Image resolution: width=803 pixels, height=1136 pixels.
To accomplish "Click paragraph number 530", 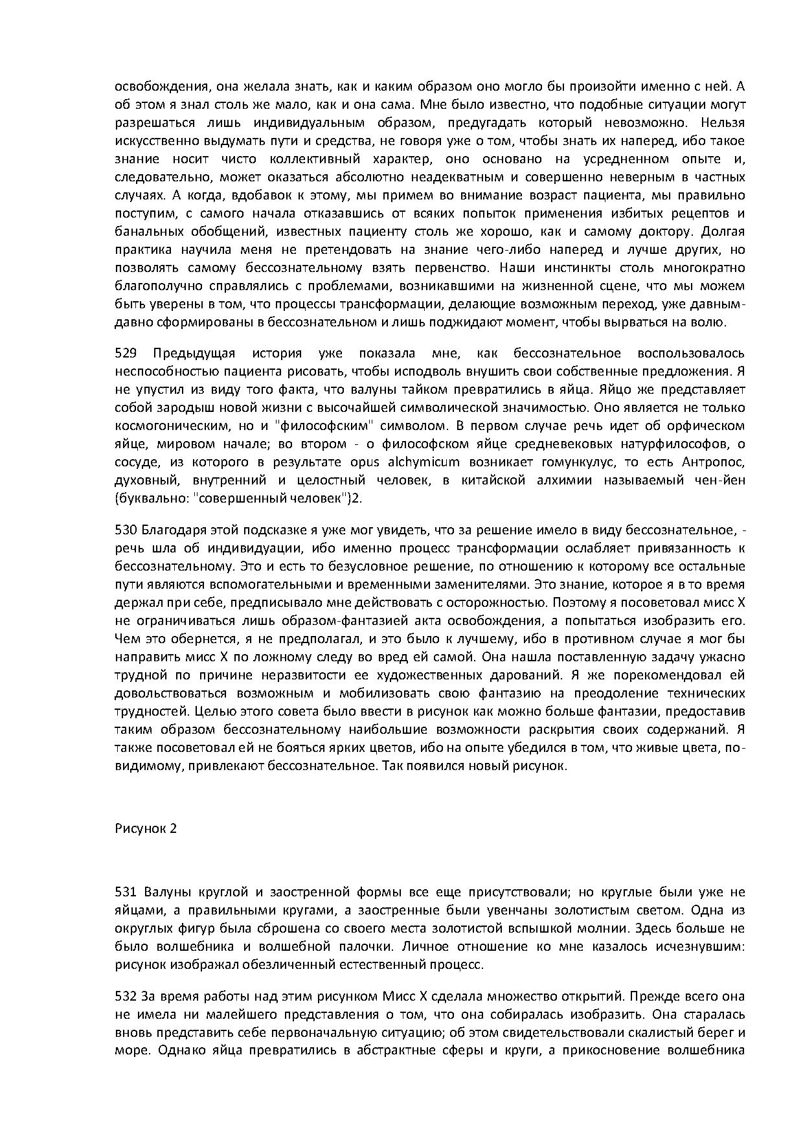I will [125, 530].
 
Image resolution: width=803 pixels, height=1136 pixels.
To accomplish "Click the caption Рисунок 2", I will [146, 829].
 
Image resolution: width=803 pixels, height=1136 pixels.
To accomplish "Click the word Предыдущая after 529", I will [194, 354].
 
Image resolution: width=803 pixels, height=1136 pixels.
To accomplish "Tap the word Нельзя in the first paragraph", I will [723, 123].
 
